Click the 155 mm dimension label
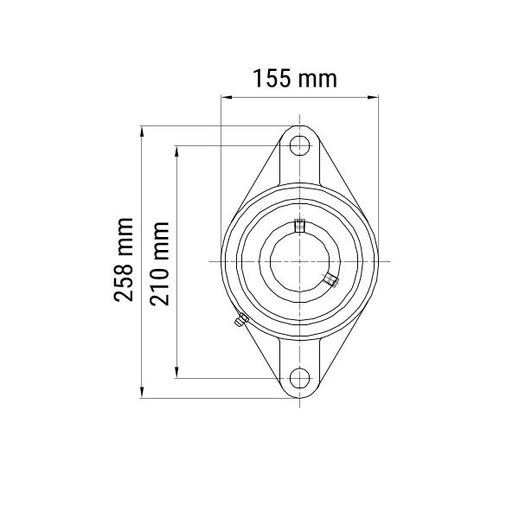tap(295, 79)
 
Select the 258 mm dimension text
tap(124, 259)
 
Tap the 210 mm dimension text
tap(159, 264)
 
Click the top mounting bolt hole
tap(299, 145)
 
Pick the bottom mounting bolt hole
tap(299, 378)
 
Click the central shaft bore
tap(299, 261)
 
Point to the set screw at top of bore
tap(299, 226)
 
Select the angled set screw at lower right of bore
tap(331, 279)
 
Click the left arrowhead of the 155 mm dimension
tap(226, 97)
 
